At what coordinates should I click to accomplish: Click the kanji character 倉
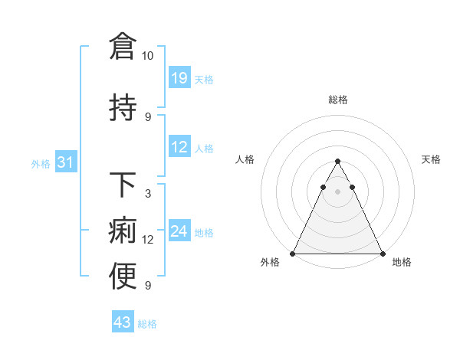[123, 47]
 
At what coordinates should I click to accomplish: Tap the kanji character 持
[123, 107]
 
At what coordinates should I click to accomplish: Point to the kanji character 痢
[123, 231]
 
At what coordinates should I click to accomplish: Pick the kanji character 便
[123, 277]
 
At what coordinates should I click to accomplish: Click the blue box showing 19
[179, 77]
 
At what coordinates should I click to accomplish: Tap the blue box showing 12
[179, 147]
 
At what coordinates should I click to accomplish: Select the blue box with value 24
[179, 231]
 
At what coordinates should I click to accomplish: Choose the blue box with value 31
[66, 162]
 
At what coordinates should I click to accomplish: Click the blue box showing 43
[123, 322]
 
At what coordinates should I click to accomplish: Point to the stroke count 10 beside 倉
[147, 56]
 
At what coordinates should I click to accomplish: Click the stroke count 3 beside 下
[147, 194]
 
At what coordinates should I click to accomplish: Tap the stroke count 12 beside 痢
[148, 240]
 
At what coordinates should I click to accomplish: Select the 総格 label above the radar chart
[337, 100]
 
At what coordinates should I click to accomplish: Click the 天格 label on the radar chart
[431, 159]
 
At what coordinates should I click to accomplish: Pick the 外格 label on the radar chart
[270, 262]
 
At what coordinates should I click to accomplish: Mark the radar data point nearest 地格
[382, 254]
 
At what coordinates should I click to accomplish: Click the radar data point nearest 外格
[293, 254]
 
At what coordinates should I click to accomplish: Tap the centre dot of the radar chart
[337, 191]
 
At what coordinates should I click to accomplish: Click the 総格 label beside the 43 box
[147, 323]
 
